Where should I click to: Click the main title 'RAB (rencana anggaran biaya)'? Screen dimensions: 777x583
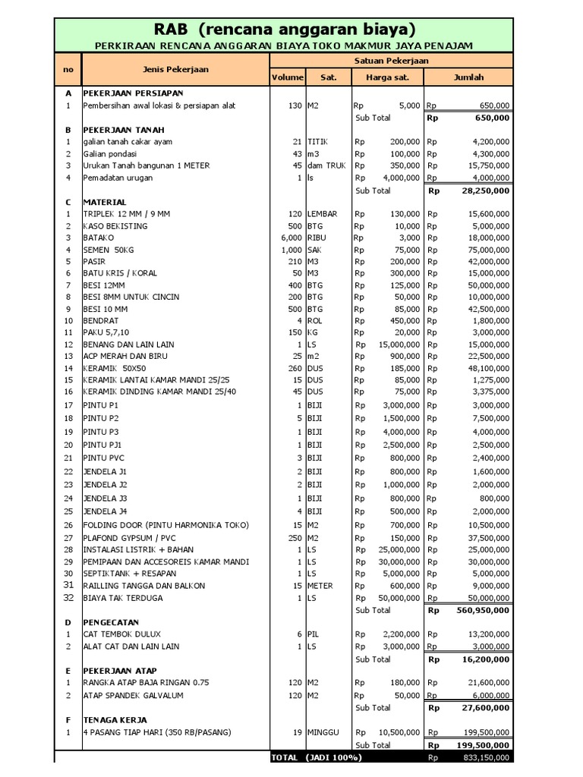click(285, 30)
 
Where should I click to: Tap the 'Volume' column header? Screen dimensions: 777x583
click(288, 77)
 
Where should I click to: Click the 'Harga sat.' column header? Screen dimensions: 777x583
click(387, 77)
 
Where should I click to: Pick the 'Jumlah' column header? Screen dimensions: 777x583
click(468, 77)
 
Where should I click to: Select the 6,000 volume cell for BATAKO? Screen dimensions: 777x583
click(291, 238)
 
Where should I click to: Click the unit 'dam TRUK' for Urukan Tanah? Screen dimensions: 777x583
click(326, 165)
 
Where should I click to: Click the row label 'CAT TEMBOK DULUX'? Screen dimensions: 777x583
click(122, 634)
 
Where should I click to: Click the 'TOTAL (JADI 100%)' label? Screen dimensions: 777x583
click(317, 757)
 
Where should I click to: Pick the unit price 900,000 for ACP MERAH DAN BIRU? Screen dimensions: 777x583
click(402, 356)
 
